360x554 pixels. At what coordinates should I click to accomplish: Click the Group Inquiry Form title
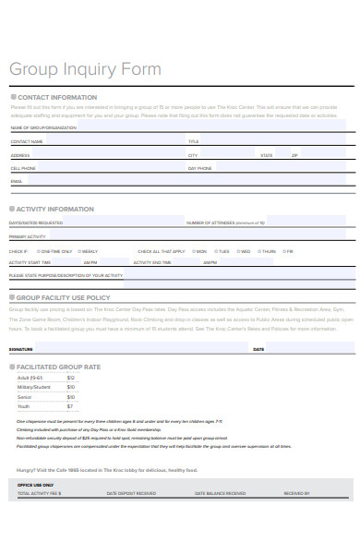tap(85, 69)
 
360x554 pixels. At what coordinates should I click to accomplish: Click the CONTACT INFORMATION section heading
tap(56, 97)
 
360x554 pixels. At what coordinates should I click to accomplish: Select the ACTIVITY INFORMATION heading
tap(55, 210)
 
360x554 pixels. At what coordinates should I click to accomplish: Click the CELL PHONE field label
tap(23, 169)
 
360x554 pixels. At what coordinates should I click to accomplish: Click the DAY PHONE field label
tap(199, 169)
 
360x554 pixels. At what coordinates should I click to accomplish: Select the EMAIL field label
tap(16, 182)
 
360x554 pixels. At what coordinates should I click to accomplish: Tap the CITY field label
tap(193, 155)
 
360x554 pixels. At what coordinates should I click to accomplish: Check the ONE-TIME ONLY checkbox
tap(38, 251)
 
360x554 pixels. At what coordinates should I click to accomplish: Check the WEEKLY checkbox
tap(78, 251)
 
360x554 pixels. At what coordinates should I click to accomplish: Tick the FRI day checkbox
tap(284, 251)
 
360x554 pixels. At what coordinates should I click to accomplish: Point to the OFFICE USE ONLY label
tap(35, 485)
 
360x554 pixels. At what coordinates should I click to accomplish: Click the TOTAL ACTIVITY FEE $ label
tap(40, 493)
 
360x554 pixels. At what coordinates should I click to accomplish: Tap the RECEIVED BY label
tap(297, 493)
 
